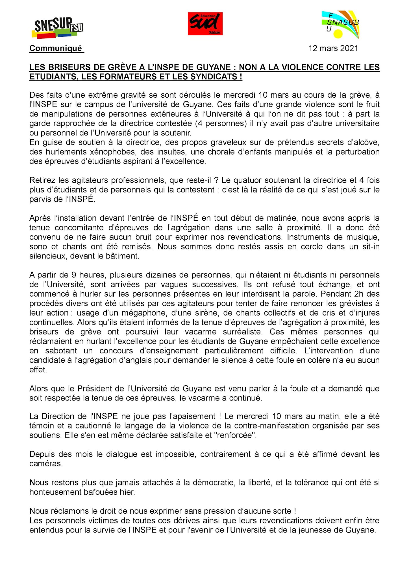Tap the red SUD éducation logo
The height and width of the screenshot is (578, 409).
click(205, 24)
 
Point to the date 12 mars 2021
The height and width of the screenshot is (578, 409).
click(333, 48)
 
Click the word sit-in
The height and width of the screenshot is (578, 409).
click(370, 246)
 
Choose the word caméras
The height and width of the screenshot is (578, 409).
click(45, 464)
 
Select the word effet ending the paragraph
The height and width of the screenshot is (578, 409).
click(38, 370)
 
